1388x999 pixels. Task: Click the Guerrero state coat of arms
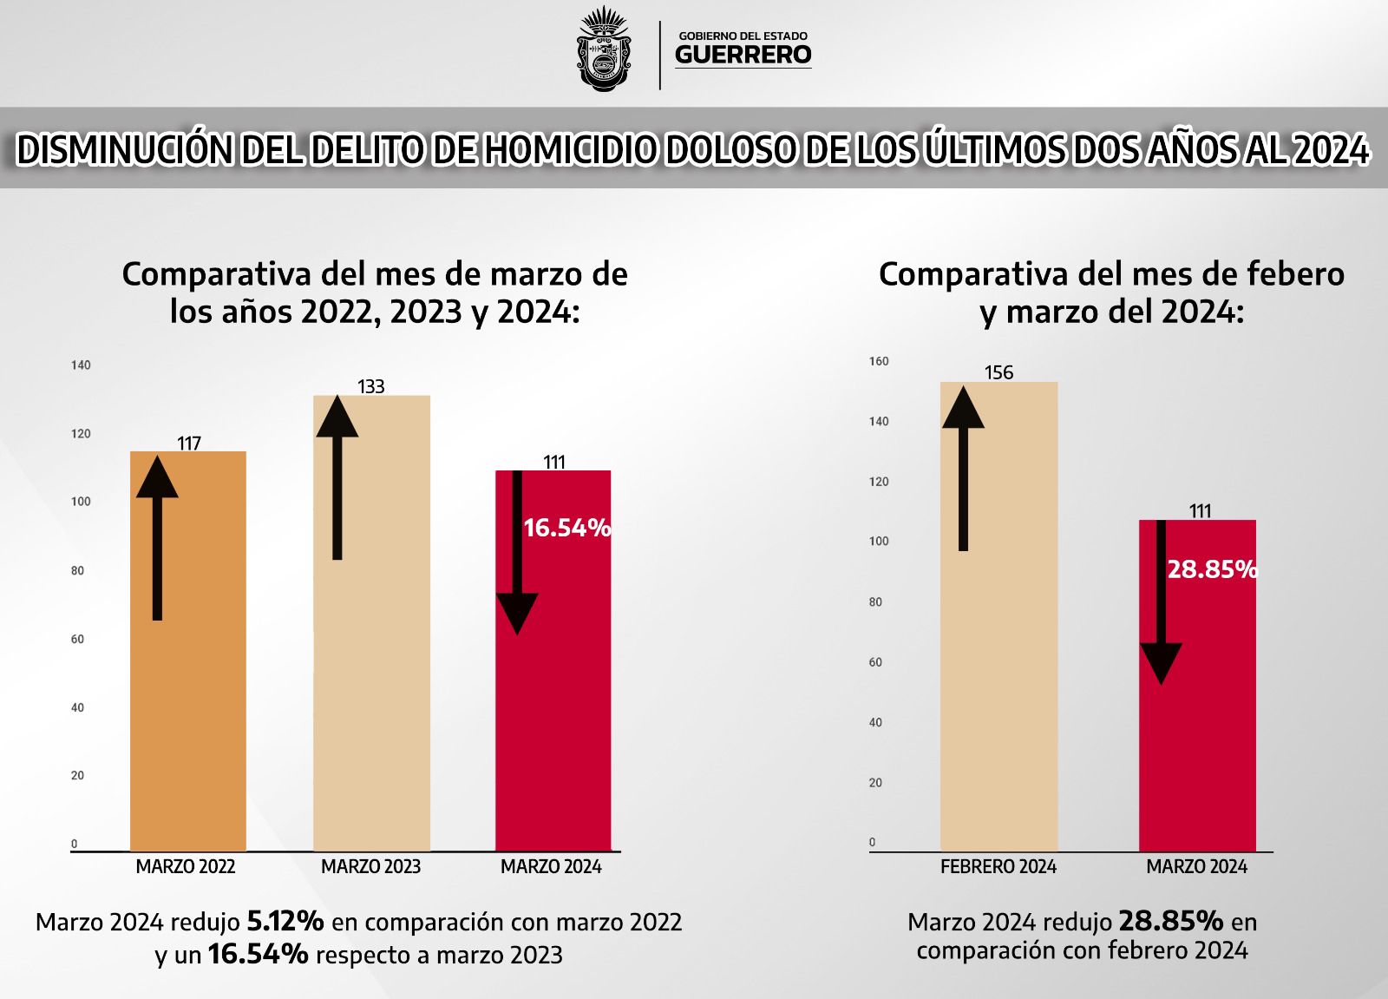[x=604, y=49]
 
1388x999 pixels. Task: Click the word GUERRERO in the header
[x=743, y=55]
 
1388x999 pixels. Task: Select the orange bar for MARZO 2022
[x=187, y=651]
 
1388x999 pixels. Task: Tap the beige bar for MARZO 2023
[x=372, y=623]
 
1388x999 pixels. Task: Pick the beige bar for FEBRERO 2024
[x=998, y=616]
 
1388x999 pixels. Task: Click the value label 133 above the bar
[x=370, y=386]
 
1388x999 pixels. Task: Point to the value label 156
[x=998, y=372]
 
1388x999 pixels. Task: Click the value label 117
[x=189, y=444]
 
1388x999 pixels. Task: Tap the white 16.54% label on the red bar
[x=567, y=528]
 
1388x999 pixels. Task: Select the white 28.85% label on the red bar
[x=1213, y=569]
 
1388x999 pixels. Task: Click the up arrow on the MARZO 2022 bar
[x=157, y=538]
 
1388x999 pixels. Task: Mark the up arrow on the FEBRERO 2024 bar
[x=963, y=468]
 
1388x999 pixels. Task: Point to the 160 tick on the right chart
[x=879, y=361]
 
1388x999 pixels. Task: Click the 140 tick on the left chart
[x=81, y=365]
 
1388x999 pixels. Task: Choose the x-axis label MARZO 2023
[x=370, y=866]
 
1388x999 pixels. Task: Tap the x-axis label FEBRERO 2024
[x=998, y=866]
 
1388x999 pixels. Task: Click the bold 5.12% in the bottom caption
[x=285, y=922]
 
